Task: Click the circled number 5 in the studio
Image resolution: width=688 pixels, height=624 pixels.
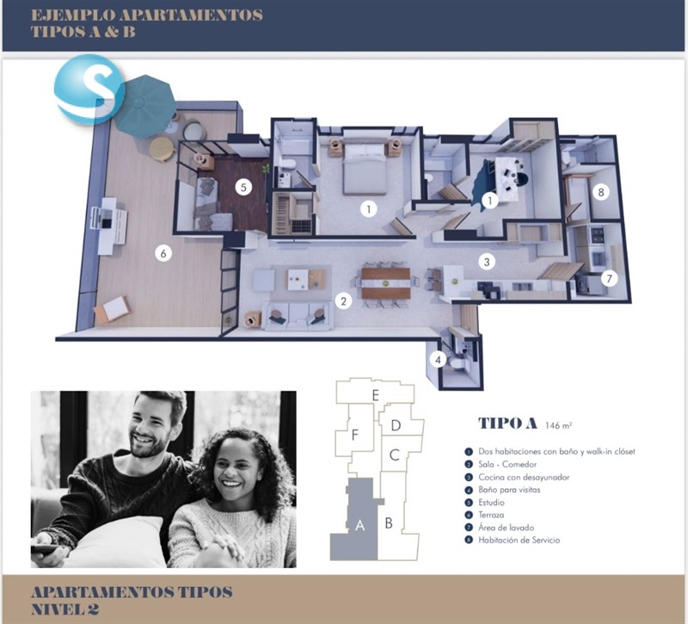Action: (x=243, y=188)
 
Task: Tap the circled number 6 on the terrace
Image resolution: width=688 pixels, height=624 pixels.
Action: (x=163, y=253)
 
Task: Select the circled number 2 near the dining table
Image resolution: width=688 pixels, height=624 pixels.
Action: (x=343, y=301)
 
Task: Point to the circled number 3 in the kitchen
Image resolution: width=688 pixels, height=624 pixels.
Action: (x=487, y=262)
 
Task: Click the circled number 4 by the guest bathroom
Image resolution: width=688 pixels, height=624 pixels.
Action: (x=438, y=360)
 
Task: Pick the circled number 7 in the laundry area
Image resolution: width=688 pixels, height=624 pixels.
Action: (x=609, y=278)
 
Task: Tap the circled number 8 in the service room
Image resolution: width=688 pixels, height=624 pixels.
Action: (x=601, y=192)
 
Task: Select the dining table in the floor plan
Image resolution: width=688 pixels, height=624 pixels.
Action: (x=385, y=283)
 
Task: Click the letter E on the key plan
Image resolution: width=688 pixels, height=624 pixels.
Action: (x=375, y=395)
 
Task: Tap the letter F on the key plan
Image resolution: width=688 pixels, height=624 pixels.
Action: (x=355, y=435)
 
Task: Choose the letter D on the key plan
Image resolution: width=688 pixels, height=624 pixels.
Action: (x=396, y=425)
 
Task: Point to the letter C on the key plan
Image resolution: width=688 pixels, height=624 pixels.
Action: (x=395, y=455)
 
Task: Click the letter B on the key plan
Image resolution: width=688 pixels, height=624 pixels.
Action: (x=389, y=523)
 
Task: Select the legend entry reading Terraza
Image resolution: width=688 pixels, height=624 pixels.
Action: (x=491, y=515)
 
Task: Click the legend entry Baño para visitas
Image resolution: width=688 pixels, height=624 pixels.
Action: (x=509, y=489)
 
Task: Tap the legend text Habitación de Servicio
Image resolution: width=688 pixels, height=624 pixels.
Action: (x=519, y=541)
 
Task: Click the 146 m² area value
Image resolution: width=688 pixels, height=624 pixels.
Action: (x=558, y=425)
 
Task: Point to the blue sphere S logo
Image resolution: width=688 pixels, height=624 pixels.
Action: (x=89, y=90)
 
